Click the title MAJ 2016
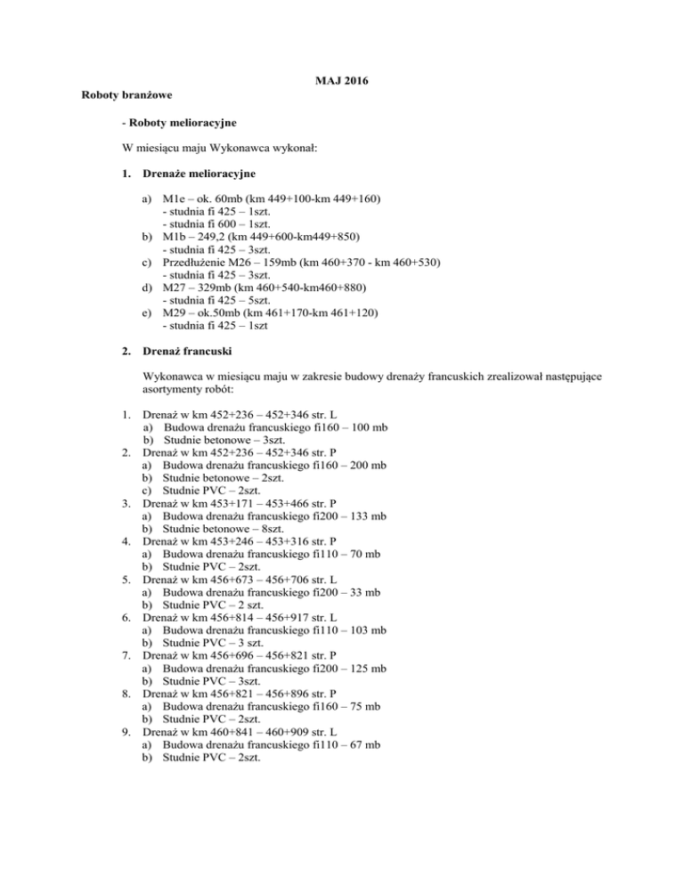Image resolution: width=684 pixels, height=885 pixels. [x=342, y=82]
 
